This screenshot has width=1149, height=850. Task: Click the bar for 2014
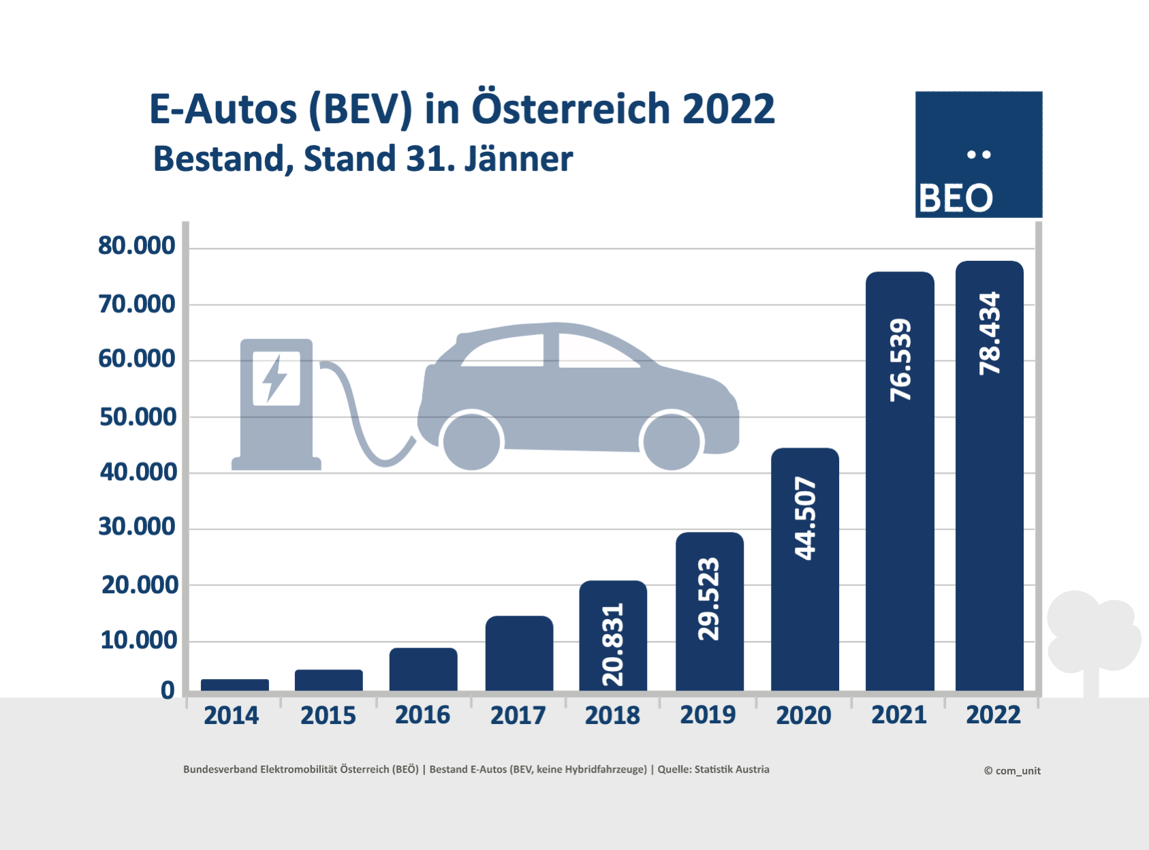[x=235, y=684]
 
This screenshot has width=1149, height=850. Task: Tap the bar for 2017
[x=519, y=653]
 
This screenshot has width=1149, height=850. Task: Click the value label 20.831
[x=613, y=644]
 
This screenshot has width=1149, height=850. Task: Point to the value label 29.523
[x=709, y=599]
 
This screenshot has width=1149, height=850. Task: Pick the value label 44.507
[x=805, y=518]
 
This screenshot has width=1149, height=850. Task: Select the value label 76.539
[x=900, y=360]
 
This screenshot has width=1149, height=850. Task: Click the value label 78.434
[x=990, y=333]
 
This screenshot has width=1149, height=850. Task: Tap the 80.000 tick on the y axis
[x=137, y=246]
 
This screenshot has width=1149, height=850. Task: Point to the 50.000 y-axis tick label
[x=138, y=417]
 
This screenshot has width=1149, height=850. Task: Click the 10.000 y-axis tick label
[x=139, y=640]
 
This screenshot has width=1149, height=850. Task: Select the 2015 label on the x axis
[x=328, y=715]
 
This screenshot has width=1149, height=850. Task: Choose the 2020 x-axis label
[x=804, y=715]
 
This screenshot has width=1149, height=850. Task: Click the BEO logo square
[x=979, y=155]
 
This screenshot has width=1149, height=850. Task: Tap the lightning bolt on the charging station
[x=275, y=378]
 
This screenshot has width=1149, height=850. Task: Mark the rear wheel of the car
[x=471, y=441]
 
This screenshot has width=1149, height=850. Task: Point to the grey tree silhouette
[x=1092, y=637]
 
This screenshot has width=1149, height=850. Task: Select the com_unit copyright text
[x=1012, y=770]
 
